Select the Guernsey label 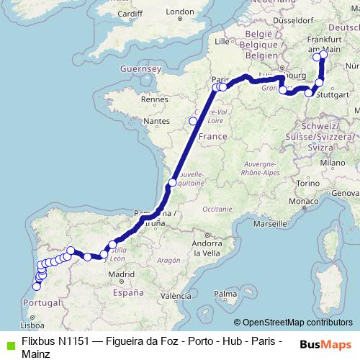(x=141, y=68)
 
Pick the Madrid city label (x=122, y=274)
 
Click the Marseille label (x=266, y=224)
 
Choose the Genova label (x=344, y=193)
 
